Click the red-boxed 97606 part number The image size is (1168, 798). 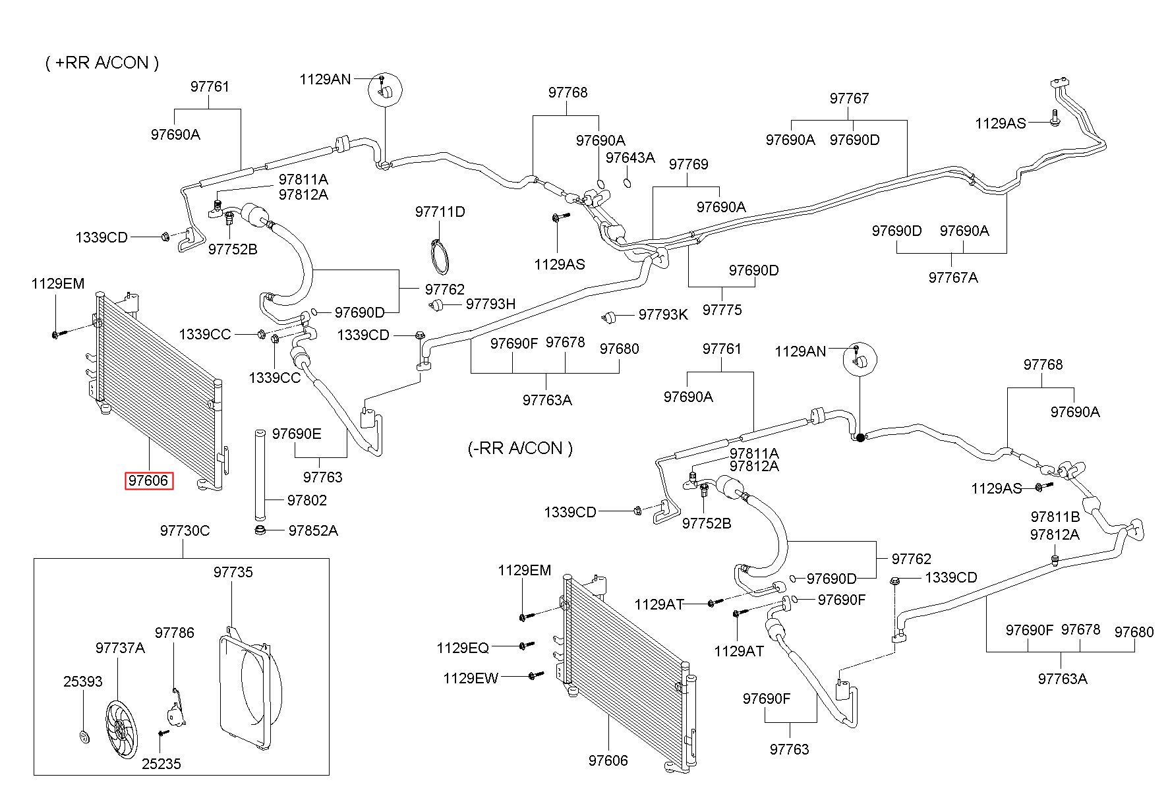point(149,481)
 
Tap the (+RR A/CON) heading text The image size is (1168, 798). point(102,63)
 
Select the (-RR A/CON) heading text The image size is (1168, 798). point(520,449)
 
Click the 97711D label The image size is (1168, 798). point(440,212)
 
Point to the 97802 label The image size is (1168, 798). point(307,500)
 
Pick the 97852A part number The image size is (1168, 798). point(313,530)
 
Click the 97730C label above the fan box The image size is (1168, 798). point(185,530)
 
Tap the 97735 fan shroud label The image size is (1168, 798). point(233,572)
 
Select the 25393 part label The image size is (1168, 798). point(83,681)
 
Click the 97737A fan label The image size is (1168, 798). point(120,648)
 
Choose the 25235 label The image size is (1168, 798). point(161,764)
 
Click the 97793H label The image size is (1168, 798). point(491,304)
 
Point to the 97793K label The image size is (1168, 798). point(663,315)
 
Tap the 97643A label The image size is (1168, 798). point(630,157)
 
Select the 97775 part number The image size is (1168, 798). point(722,310)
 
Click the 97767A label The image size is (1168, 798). point(953,277)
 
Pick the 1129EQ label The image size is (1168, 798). point(463,648)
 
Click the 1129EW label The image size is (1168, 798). point(471,678)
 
